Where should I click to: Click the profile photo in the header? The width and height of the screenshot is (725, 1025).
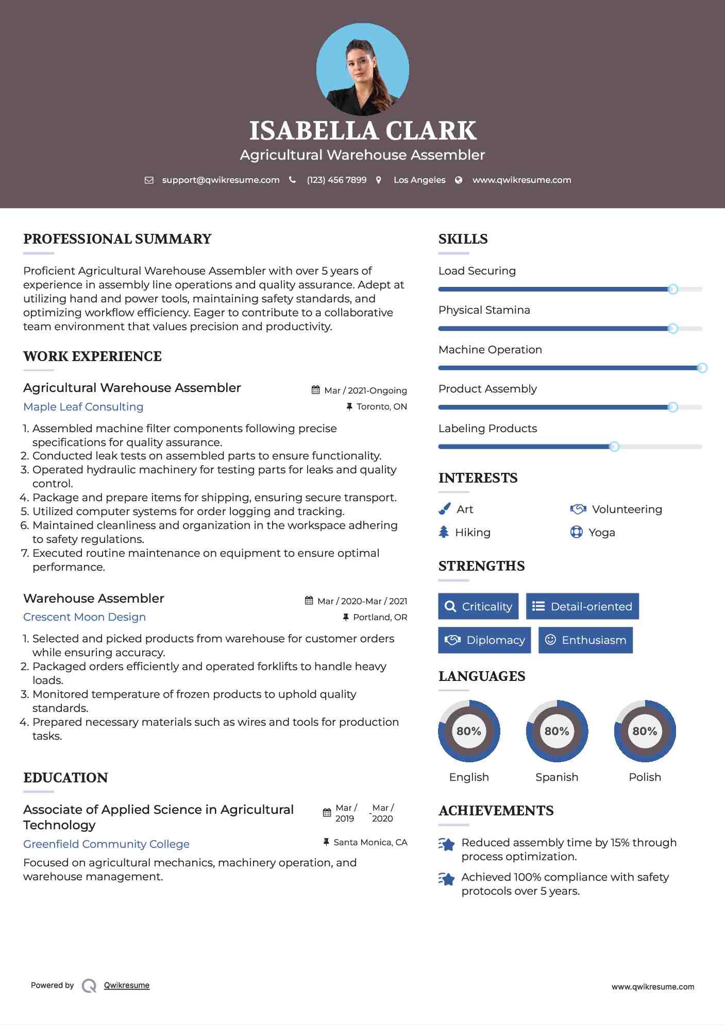coord(362,70)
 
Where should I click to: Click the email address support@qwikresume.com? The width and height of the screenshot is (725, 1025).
coord(221,180)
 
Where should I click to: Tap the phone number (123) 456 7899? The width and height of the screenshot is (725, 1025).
coord(336,180)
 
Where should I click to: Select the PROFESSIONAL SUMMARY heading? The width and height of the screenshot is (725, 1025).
coord(117,239)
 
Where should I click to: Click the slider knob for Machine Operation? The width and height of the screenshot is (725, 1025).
coord(702,368)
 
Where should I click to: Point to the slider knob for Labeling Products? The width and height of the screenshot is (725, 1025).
coord(614,447)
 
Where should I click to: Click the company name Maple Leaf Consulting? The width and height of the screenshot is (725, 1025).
coord(83,407)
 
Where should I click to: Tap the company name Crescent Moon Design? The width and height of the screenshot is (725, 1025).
coord(85,617)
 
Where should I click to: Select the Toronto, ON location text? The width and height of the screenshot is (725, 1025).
coord(381,406)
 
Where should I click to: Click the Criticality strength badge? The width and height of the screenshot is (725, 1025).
coord(478,606)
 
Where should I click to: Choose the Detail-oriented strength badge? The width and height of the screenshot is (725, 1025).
coord(582,606)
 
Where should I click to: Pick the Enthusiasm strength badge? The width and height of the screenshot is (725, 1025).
coord(585,640)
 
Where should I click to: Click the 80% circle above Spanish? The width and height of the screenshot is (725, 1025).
coord(557,731)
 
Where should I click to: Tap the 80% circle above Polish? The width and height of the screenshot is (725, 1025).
coord(645,731)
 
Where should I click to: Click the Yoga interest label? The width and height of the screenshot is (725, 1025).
coord(601,532)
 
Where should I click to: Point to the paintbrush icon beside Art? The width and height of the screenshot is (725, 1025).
coord(444,509)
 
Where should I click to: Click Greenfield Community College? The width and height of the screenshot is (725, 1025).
coord(106,844)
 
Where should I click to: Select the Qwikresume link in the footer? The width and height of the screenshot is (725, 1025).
coord(127,985)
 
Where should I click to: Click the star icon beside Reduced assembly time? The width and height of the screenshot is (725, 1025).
coord(447,844)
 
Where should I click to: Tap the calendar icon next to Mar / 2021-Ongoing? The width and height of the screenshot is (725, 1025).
coord(316,390)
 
